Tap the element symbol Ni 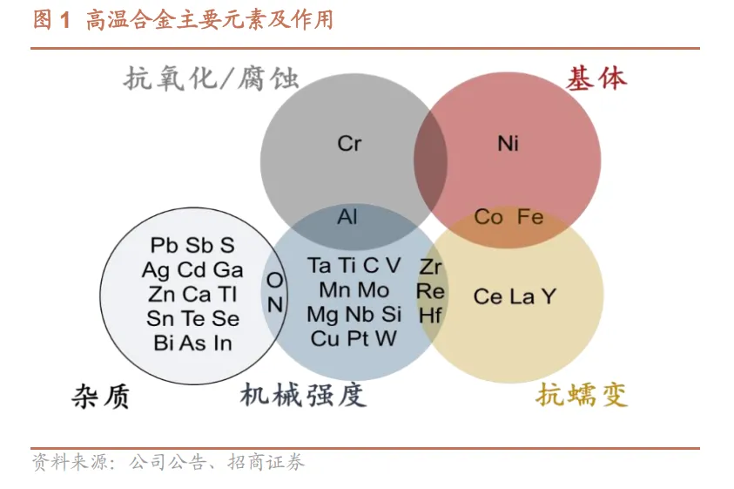(x=508, y=143)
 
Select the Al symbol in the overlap (x=347, y=216)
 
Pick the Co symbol (x=488, y=217)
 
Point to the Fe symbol (x=530, y=217)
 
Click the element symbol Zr (x=430, y=267)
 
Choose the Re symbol (x=430, y=291)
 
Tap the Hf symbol (x=430, y=316)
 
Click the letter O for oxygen (x=274, y=281)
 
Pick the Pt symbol (x=360, y=338)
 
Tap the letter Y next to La (x=548, y=297)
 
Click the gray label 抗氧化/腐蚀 (x=212, y=79)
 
